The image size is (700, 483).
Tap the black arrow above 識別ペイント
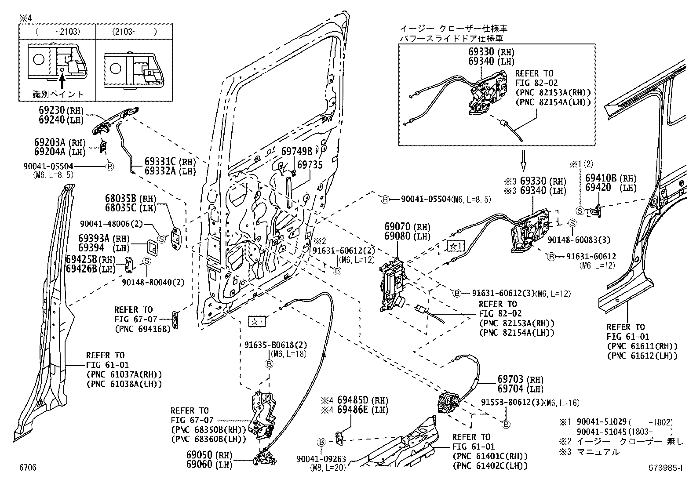pyautogui.click(x=62, y=81)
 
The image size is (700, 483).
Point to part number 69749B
pyautogui.click(x=297, y=152)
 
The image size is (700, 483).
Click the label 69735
pyautogui.click(x=310, y=165)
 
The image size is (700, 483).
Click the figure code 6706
pyautogui.click(x=27, y=468)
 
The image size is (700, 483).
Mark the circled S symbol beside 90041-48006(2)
pyautogui.click(x=161, y=239)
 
